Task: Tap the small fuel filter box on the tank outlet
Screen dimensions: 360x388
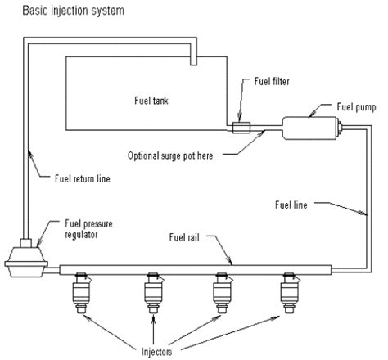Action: [241, 127]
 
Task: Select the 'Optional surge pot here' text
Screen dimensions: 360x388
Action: [177, 155]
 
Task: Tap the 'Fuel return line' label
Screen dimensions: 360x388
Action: [82, 177]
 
